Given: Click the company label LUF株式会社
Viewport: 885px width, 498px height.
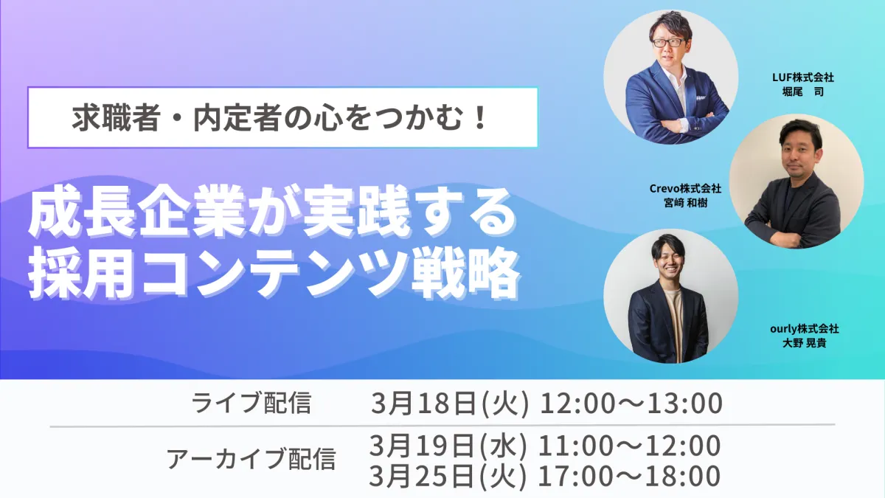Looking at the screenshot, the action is coord(803,77).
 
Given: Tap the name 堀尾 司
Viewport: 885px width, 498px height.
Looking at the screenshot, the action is coord(803,91).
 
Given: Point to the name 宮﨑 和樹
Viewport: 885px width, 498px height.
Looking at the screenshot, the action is coord(685,203).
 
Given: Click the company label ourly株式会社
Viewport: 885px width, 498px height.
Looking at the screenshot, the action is coord(805,329).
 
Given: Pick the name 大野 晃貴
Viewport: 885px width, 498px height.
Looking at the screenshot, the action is coord(805,343).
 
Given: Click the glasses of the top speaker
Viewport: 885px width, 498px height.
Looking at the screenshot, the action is coord(668,42).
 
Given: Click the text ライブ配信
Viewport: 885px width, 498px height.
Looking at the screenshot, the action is coord(251,403).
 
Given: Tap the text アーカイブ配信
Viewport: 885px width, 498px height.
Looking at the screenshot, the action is coord(251,458).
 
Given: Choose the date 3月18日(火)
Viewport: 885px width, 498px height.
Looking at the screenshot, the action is coord(450,404).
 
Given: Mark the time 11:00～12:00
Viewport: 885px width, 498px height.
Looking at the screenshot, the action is coord(629,446).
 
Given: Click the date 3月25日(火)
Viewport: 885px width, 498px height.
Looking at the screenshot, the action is coord(448,476).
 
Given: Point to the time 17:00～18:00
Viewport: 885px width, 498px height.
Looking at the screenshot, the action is coord(629,477).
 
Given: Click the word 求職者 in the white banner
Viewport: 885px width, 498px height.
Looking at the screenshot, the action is coord(115,118).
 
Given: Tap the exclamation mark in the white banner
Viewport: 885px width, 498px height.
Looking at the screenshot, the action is coord(480,118).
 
